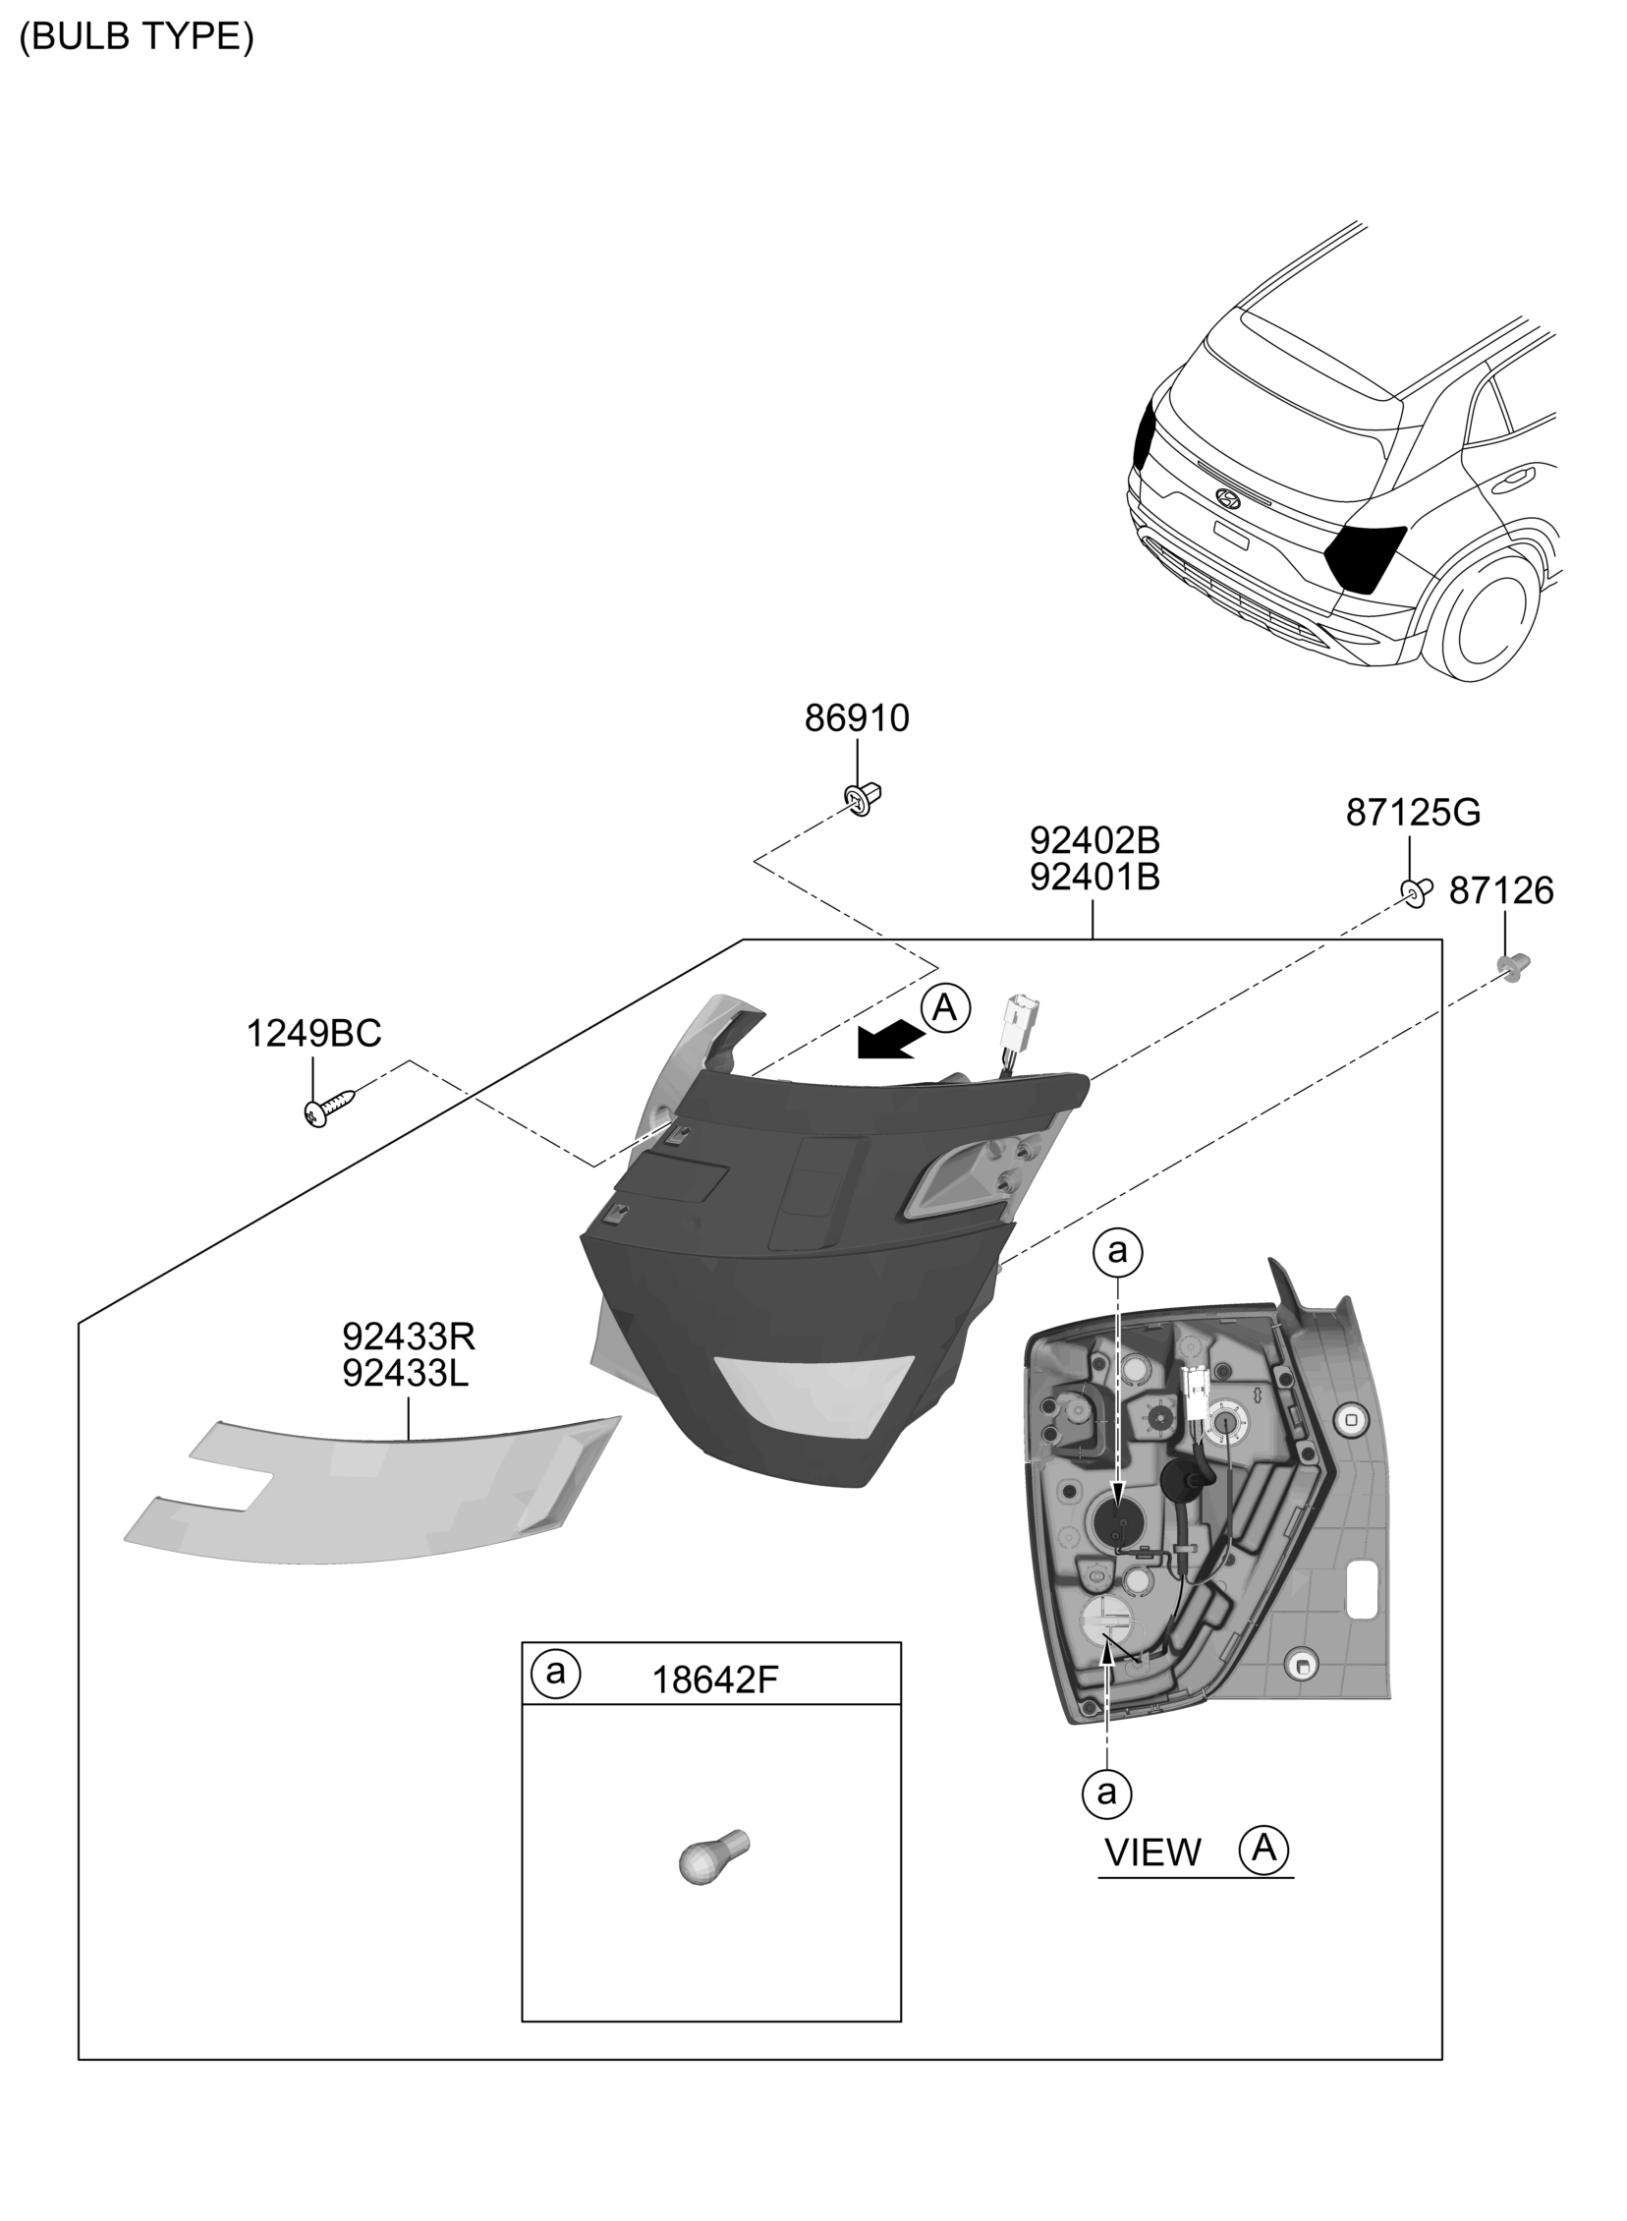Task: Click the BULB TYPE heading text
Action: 137,36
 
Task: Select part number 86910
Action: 857,719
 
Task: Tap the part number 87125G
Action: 1412,813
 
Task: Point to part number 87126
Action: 1501,891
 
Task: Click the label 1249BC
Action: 313,1034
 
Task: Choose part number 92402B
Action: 1095,840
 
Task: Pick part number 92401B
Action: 1095,877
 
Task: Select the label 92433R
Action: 409,1337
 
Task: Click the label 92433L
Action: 406,1373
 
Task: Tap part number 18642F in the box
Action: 715,1680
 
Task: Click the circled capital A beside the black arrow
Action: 945,1007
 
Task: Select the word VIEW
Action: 1153,1853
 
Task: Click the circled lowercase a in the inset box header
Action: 555,1673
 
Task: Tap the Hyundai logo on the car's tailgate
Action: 1229,497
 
